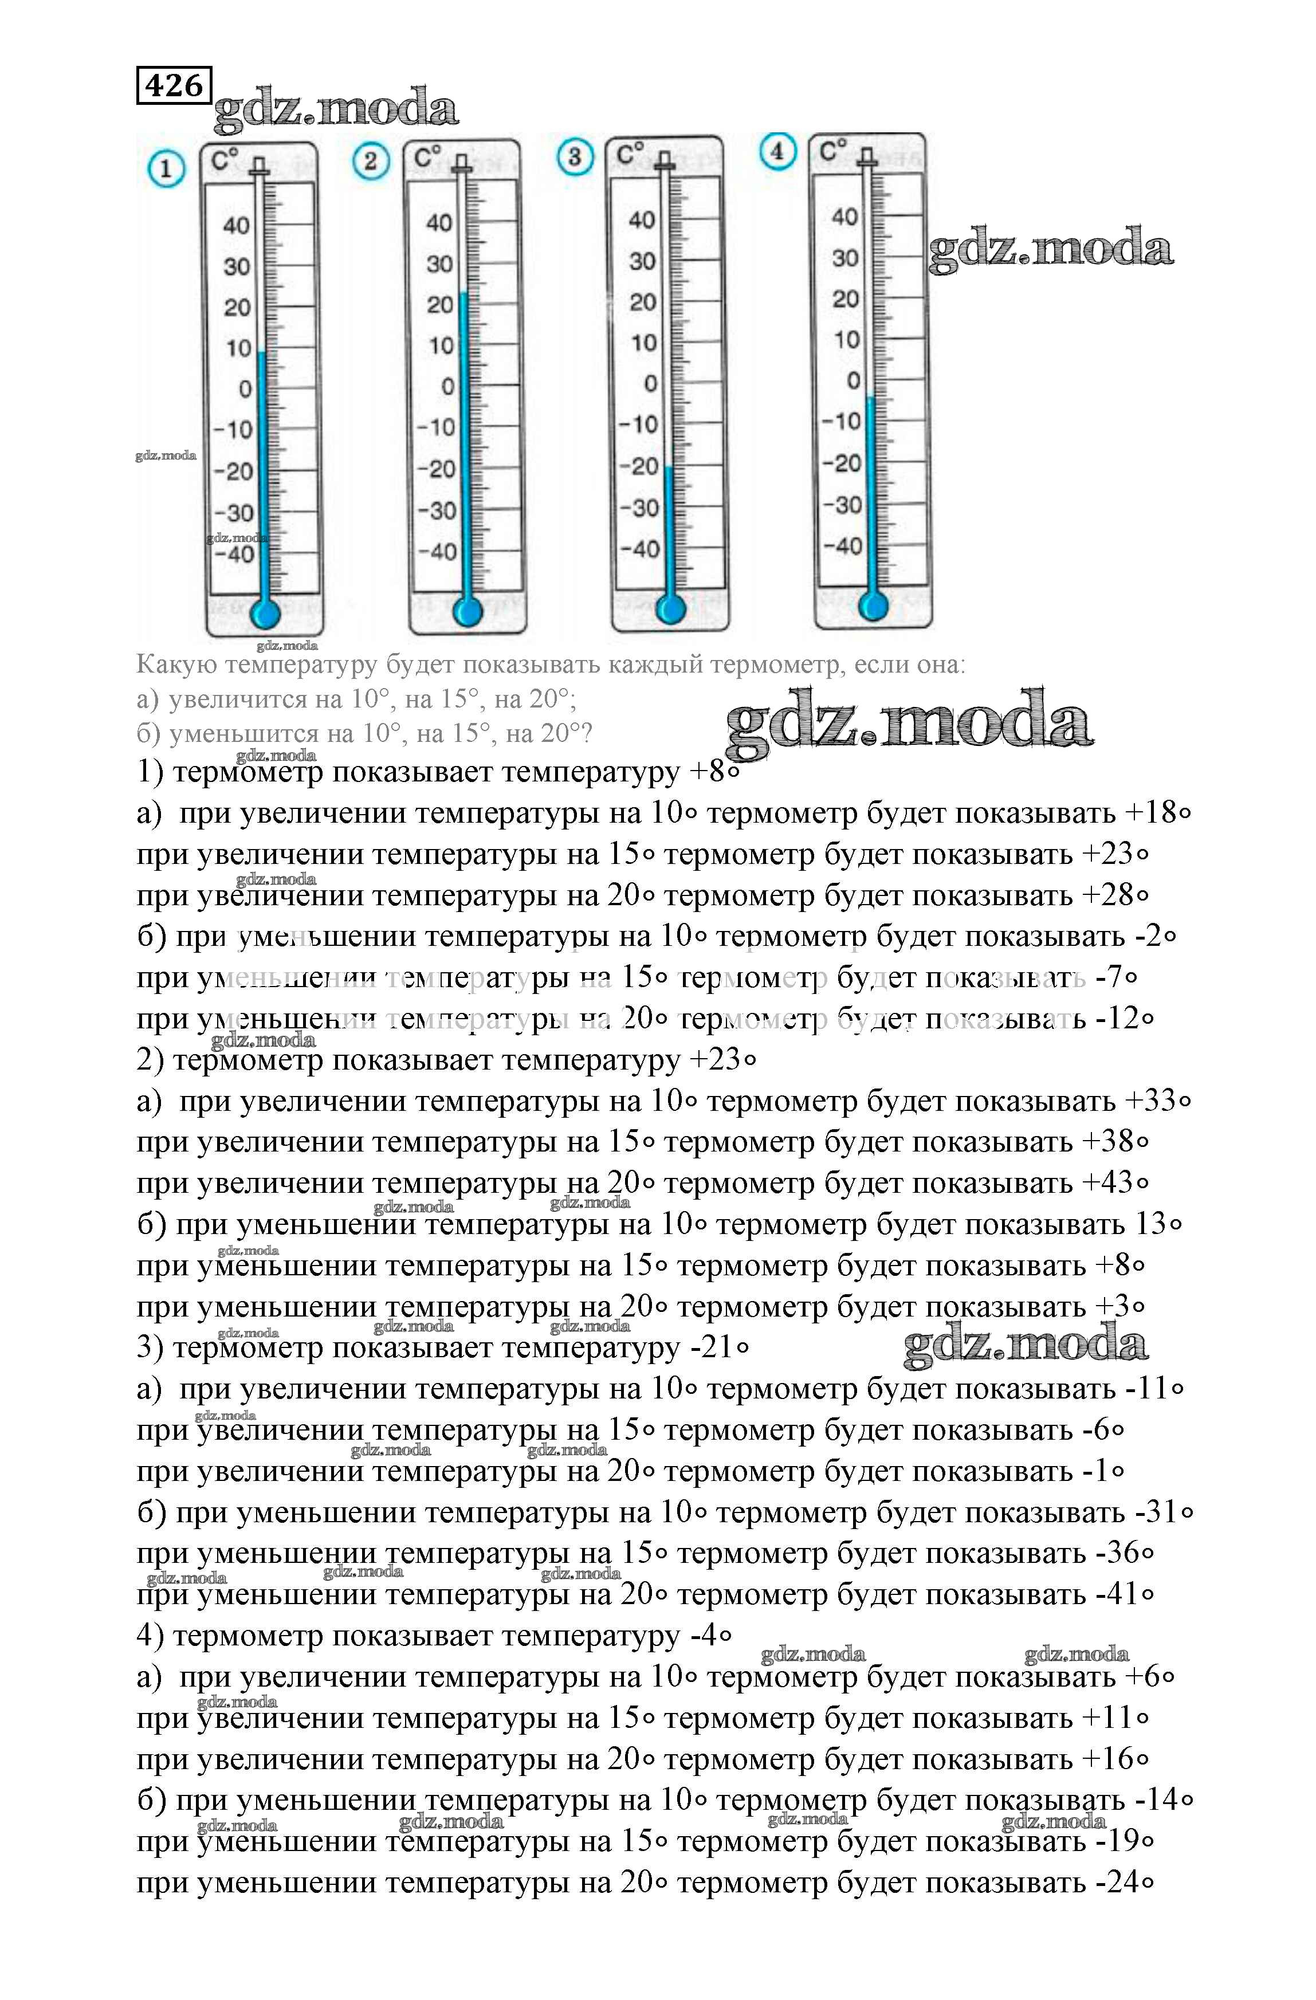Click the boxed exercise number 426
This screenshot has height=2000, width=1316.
click(174, 85)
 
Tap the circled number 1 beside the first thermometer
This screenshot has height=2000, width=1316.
click(166, 170)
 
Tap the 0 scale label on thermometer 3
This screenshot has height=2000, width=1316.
click(650, 384)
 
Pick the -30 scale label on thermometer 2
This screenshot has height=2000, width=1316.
click(437, 510)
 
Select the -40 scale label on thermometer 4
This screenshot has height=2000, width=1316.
click(842, 546)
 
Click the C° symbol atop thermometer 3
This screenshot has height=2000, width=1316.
click(630, 155)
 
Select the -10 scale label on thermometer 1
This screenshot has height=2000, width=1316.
click(233, 430)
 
